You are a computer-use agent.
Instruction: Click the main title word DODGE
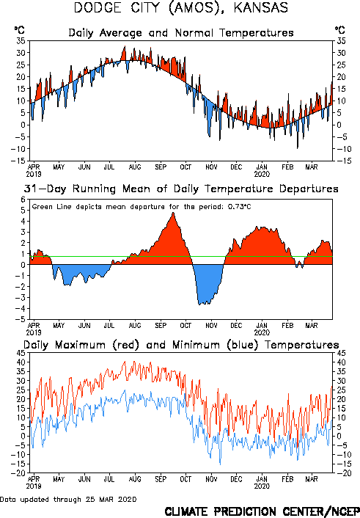tap(98, 7)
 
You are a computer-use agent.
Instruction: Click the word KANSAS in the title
tap(261, 7)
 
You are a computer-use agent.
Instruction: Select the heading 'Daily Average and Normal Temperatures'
tap(181, 33)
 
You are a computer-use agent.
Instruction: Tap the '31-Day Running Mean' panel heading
tap(181, 189)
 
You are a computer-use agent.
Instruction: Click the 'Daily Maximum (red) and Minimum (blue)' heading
tap(181, 345)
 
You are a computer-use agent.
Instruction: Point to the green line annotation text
tap(142, 207)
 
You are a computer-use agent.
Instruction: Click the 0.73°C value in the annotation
tap(240, 207)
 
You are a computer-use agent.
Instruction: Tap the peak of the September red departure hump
tap(173, 213)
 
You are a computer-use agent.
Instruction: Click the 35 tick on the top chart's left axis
tap(21, 41)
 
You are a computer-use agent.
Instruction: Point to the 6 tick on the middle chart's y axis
tap(23, 200)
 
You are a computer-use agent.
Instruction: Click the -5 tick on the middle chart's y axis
tap(20, 319)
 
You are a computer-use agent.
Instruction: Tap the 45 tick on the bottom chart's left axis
tap(21, 353)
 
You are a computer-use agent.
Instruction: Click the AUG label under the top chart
tap(135, 167)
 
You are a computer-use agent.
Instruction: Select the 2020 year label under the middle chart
tap(262, 332)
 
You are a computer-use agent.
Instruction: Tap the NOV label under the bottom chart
tap(211, 479)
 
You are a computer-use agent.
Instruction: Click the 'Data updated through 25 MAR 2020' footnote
tap(68, 499)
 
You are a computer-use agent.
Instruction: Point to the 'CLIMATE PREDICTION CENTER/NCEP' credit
tap(262, 511)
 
